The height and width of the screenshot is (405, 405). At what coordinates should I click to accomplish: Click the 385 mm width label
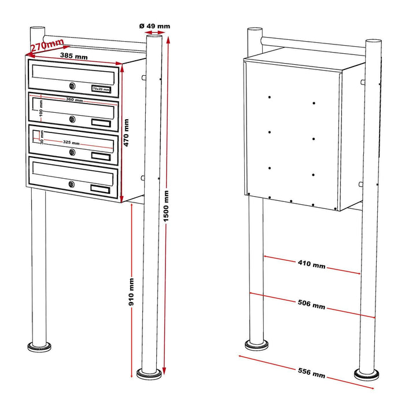73,56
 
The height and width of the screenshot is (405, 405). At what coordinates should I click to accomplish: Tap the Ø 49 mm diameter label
155,25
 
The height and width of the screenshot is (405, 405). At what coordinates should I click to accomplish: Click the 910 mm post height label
132,292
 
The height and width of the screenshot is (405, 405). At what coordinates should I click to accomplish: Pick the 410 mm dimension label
311,264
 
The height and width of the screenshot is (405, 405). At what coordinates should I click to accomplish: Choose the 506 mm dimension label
311,304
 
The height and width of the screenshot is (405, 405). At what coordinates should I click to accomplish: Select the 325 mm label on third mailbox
75,141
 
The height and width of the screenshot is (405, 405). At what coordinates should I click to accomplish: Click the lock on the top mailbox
72,87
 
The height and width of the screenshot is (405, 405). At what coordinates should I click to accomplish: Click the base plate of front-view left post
39,347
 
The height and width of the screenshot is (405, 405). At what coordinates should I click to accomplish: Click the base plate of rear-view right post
368,373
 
